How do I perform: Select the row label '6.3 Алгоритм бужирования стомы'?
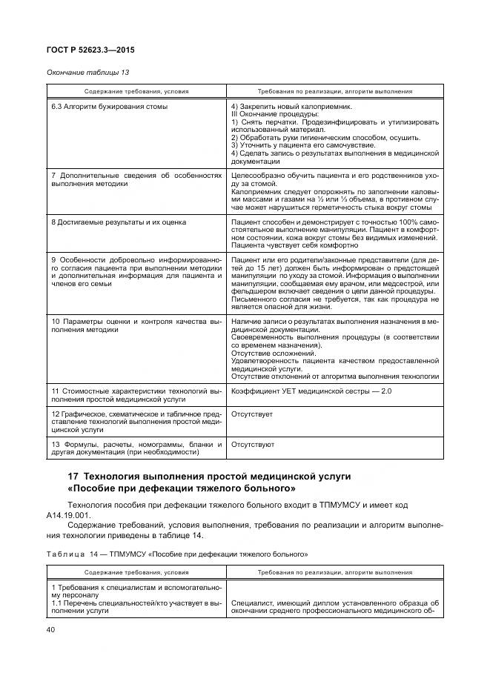coord(109,107)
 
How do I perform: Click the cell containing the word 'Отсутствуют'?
coord(253,445)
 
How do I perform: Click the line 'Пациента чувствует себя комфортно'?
coord(294,245)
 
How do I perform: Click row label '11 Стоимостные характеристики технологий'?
coord(136,390)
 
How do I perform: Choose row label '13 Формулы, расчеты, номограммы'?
coord(136,445)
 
